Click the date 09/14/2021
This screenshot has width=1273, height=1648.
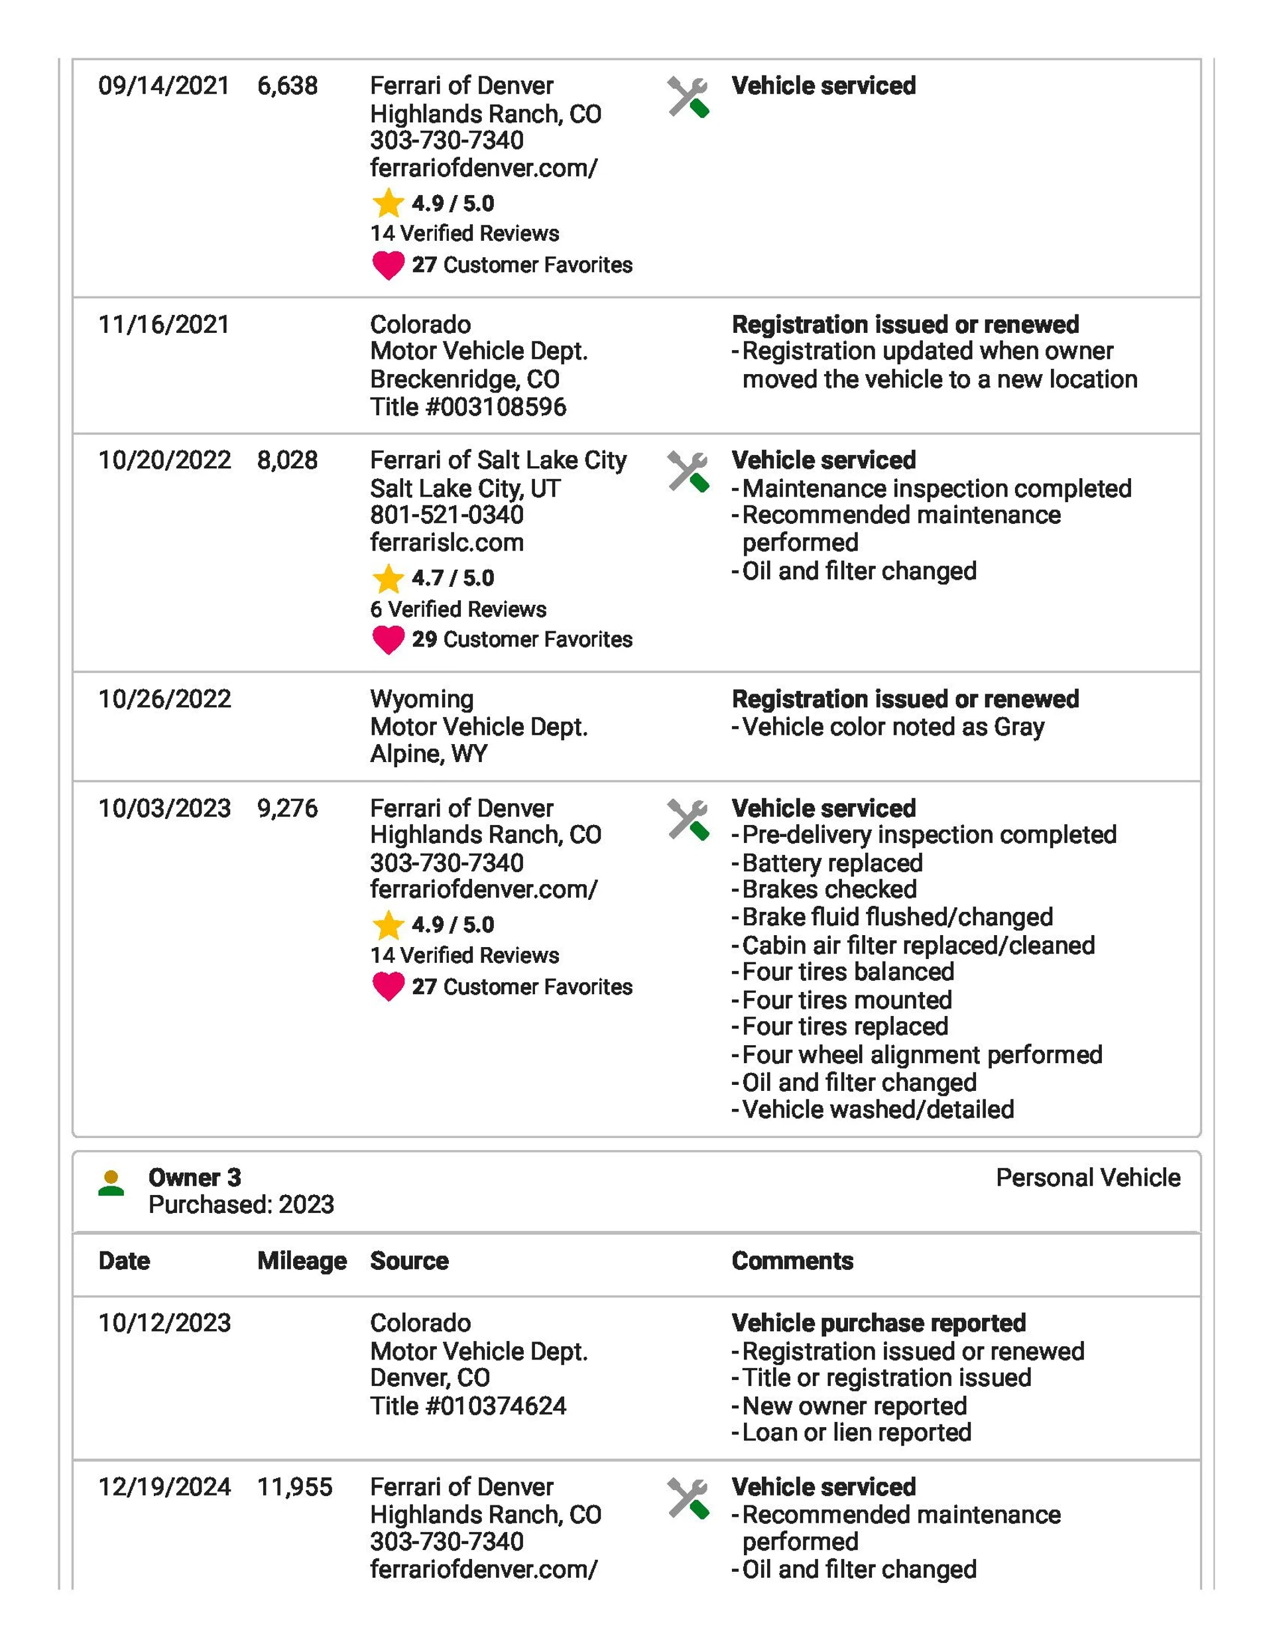(164, 86)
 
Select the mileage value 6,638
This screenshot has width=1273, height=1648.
(288, 86)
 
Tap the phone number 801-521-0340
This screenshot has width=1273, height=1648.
(447, 515)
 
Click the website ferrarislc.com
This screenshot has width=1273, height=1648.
(447, 542)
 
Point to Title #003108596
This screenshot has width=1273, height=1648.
(468, 407)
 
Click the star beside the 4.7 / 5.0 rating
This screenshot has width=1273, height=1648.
(388, 579)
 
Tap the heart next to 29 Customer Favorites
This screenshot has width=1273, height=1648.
(389, 640)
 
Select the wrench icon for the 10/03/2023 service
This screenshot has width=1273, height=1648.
(688, 820)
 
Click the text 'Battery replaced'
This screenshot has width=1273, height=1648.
(831, 863)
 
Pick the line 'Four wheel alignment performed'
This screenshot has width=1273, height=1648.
(922, 1054)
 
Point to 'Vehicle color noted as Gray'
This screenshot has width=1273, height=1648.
(892, 727)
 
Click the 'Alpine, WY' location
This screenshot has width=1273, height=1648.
(428, 754)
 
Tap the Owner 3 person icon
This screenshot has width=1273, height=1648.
(111, 1182)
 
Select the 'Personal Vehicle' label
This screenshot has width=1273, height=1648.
(1087, 1177)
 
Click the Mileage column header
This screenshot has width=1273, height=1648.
(302, 1261)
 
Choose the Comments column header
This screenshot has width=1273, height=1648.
(792, 1261)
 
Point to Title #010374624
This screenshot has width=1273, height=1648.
(468, 1406)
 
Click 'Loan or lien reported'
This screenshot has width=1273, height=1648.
(856, 1432)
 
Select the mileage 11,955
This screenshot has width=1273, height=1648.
(294, 1487)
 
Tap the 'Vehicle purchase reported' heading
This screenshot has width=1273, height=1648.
(879, 1323)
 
